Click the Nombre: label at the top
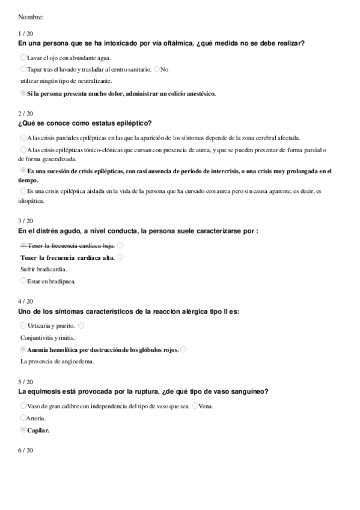[31, 16]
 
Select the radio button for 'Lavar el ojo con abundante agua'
[23, 57]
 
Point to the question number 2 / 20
[26, 113]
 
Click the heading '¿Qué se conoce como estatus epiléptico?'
[85, 123]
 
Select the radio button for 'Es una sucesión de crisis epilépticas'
[23, 170]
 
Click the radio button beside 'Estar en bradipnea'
[23, 280]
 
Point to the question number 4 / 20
[26, 301]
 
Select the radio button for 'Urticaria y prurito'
[23, 325]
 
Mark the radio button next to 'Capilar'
[23, 429]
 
